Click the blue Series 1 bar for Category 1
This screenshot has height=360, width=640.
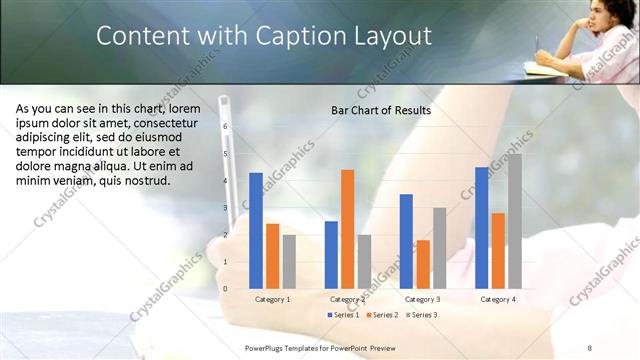click(x=256, y=230)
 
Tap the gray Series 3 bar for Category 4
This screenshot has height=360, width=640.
click(x=514, y=220)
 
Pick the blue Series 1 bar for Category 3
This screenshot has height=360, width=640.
click(x=406, y=241)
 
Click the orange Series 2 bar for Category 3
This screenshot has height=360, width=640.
click(x=422, y=264)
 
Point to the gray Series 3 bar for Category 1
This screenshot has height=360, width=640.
click(x=288, y=261)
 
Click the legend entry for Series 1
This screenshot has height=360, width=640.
click(x=344, y=315)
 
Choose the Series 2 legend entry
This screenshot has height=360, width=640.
click(x=383, y=315)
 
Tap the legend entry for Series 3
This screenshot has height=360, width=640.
click(x=422, y=315)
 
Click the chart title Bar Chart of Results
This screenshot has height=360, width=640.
click(x=381, y=110)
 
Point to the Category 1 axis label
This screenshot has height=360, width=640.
click(x=272, y=299)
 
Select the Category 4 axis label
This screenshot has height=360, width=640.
click(x=498, y=299)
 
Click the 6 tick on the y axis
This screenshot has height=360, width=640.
click(x=225, y=127)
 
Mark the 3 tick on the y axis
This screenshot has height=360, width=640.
click(x=225, y=208)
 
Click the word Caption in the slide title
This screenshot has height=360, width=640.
click(x=290, y=36)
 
